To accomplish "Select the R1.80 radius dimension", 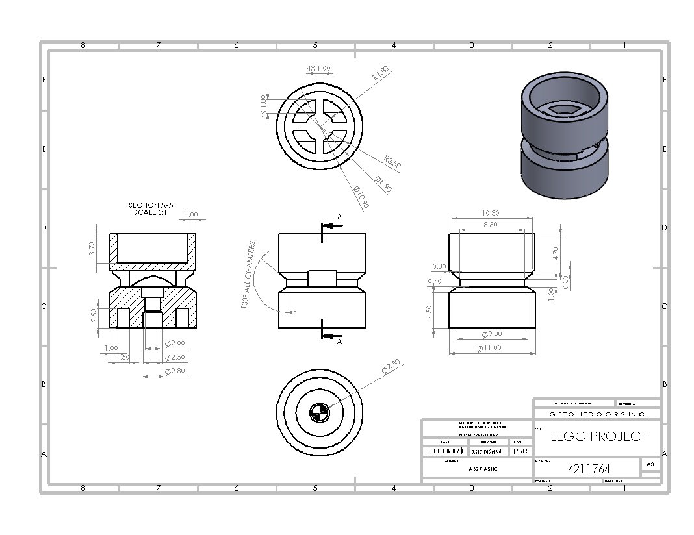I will coord(380,73).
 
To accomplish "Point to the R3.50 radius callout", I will coord(392,162).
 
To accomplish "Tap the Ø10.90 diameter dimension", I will coord(361,197).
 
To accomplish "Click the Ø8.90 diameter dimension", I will coord(383,184).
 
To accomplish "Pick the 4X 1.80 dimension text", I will coord(263,107).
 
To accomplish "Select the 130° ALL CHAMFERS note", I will coord(249,278).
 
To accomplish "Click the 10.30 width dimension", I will coord(491,213).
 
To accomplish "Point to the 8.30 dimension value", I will coord(491,224).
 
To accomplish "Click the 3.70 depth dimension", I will coord(92,248).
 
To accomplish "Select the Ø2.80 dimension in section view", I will coord(175,371).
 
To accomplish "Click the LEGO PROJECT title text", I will coord(598,436).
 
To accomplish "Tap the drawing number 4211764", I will coord(593,468).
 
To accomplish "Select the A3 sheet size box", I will coord(650,464).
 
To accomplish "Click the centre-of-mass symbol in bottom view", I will coord(318,412).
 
